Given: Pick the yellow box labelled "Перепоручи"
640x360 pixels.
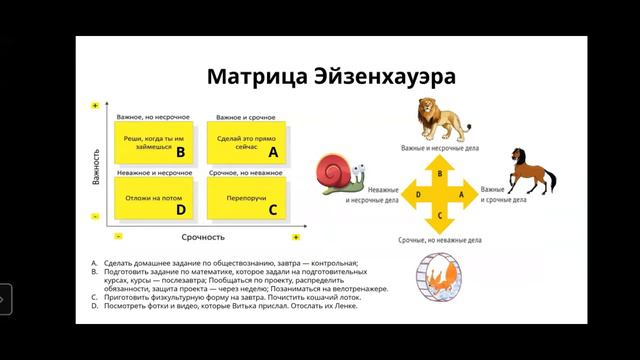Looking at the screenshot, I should (245, 198).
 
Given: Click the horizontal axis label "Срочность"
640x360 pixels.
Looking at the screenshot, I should (208, 237).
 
